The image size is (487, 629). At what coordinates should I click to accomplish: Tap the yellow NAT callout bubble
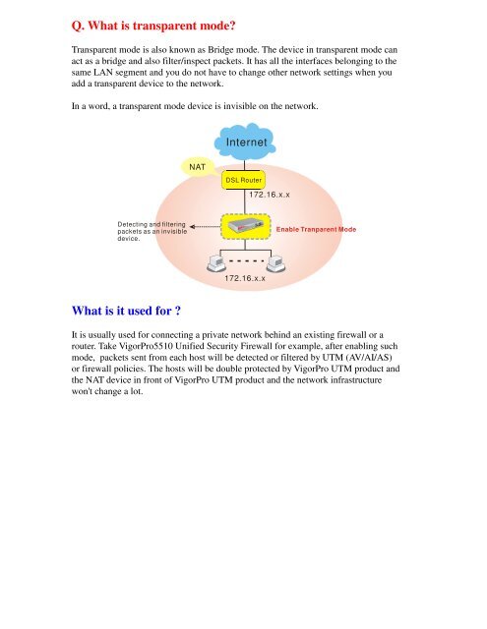pos(196,166)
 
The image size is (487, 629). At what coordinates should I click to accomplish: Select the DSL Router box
pos(243,181)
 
